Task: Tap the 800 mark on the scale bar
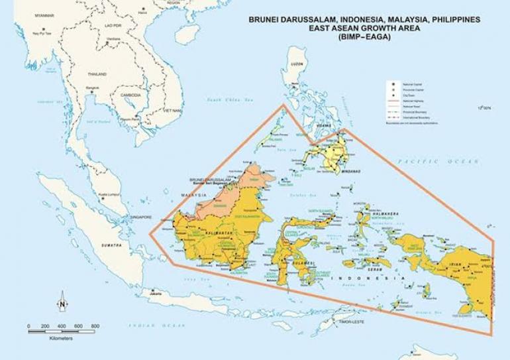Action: tap(95, 326)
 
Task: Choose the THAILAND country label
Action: tap(96, 74)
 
